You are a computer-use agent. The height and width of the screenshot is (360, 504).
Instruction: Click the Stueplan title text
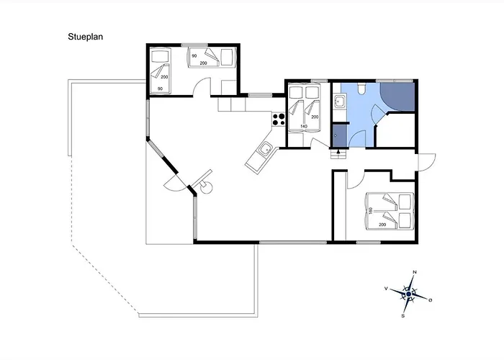(85, 37)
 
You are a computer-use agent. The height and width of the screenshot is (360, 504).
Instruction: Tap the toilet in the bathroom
(361, 88)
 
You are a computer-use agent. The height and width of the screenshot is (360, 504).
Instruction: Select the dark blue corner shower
(397, 97)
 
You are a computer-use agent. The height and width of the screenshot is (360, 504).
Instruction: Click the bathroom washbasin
(339, 102)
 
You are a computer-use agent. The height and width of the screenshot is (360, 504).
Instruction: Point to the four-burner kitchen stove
(279, 120)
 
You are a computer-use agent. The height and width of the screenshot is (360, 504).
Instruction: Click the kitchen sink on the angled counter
(266, 150)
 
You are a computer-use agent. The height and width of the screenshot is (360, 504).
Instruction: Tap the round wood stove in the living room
(206, 187)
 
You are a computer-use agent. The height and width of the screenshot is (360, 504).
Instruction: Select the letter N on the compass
(415, 272)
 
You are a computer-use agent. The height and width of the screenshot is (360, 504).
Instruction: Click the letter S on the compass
(403, 316)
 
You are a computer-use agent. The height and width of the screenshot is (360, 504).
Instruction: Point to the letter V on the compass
(386, 289)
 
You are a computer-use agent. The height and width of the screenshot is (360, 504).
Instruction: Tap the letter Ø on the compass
(431, 300)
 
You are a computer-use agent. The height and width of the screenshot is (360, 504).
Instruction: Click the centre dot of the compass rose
(408, 294)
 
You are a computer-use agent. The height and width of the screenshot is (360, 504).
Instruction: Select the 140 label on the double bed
(304, 126)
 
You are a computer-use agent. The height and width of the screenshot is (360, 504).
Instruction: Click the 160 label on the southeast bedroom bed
(371, 211)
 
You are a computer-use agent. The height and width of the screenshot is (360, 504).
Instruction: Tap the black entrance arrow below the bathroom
(338, 152)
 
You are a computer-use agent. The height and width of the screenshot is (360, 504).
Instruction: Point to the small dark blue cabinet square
(339, 135)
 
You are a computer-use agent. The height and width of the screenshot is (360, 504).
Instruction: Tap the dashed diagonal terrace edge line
(105, 279)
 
